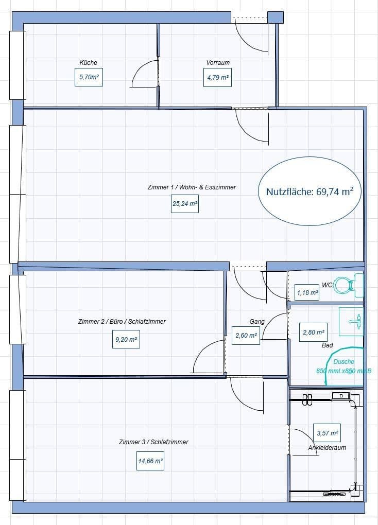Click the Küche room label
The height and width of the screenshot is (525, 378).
88,63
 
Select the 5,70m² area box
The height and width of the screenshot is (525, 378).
89,78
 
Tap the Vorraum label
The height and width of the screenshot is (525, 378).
218,63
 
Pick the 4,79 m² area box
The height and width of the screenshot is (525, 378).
217,78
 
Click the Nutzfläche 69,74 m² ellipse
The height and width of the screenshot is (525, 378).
309,191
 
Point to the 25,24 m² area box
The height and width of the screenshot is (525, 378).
185,204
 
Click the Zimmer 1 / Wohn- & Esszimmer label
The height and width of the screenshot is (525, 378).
192,187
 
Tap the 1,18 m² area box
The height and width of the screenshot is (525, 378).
307,293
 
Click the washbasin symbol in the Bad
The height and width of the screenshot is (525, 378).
352,322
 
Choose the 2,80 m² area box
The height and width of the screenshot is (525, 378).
313,332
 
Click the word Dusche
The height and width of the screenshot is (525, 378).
343,362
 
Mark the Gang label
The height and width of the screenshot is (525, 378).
257,322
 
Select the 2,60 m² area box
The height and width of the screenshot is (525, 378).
246,336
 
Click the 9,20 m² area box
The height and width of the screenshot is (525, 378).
126,340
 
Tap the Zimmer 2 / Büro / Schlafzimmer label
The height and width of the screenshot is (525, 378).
122,322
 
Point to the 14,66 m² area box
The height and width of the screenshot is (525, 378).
150,462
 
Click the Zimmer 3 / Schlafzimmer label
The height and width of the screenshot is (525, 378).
153,442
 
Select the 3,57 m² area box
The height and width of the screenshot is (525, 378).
327,433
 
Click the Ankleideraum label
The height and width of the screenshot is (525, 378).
327,448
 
